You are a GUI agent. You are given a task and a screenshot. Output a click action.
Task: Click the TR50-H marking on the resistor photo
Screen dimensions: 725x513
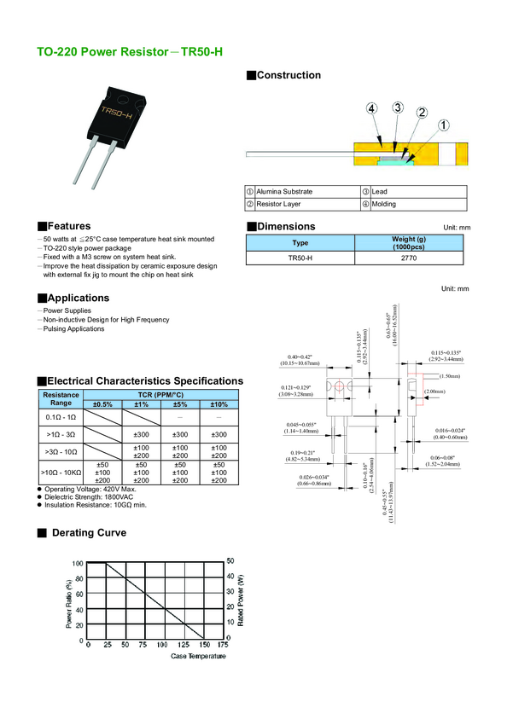pos(116,113)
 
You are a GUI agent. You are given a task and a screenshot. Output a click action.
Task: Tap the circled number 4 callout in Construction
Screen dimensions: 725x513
pos(371,108)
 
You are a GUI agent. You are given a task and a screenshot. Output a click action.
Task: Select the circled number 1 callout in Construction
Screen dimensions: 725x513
pos(444,125)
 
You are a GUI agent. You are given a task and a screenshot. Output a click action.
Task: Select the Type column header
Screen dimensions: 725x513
pos(300,243)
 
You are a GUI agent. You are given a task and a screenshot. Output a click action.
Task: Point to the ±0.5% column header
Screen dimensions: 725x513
pos(103,404)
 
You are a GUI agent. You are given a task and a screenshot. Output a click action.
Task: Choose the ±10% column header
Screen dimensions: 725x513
pos(219,404)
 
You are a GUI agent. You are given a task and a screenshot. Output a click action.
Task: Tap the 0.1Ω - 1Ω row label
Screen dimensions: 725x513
pos(61,418)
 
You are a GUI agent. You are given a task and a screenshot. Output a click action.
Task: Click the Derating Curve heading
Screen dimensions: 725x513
pos(89,533)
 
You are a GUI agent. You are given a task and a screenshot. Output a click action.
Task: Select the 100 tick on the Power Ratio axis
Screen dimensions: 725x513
pos(78,564)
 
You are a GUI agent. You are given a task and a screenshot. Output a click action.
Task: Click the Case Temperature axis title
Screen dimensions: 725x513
pos(198,656)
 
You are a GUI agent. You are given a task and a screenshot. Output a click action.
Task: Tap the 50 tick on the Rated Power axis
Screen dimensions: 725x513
pos(230,560)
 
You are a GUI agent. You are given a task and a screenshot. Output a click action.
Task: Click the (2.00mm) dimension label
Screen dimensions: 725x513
pos(434,391)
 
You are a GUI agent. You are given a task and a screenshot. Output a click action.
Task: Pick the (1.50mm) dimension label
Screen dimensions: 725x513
pos(449,376)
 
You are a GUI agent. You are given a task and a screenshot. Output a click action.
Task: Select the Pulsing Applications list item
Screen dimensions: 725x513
pos(73,329)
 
